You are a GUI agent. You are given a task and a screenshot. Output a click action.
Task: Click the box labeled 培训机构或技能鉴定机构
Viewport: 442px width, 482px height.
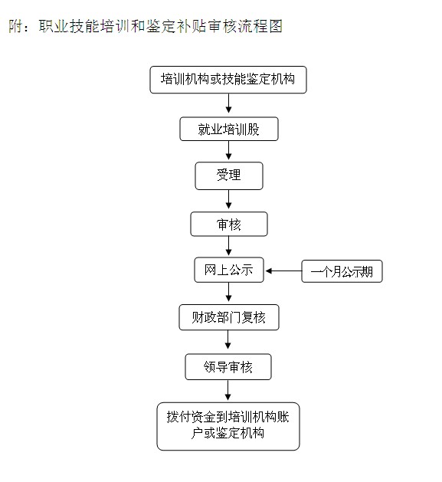[x=228, y=80]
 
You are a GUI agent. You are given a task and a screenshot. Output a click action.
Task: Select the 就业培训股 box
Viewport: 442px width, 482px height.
[x=229, y=129]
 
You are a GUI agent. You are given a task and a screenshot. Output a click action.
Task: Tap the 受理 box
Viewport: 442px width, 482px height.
[x=229, y=175]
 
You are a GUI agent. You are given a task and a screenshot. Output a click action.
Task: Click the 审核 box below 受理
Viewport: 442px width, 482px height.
[x=229, y=224]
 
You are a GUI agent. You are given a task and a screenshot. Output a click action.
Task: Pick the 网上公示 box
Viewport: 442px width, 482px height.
[x=229, y=270]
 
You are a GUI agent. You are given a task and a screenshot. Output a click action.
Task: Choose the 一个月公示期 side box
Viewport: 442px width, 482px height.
[x=342, y=271]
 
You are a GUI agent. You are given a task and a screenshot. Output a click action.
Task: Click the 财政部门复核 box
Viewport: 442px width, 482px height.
[x=229, y=317]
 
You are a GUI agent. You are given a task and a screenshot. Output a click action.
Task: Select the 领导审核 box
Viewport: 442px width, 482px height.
[x=228, y=367]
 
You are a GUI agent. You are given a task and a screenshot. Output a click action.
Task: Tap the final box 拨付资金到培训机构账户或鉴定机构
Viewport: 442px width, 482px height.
[x=228, y=426]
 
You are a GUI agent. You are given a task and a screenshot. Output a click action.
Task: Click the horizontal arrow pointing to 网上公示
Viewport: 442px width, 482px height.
[x=283, y=271]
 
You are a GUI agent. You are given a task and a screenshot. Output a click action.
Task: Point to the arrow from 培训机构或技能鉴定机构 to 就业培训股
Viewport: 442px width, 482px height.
[x=228, y=103]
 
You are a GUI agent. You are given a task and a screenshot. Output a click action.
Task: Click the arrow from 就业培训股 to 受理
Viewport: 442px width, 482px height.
[x=228, y=150]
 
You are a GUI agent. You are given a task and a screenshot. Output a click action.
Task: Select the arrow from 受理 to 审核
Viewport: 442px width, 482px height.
[x=228, y=199]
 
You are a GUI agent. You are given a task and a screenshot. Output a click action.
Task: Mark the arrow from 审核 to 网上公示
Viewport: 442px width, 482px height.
[x=228, y=246]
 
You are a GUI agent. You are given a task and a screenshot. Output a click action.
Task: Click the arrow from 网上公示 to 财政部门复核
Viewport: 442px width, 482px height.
[x=228, y=292]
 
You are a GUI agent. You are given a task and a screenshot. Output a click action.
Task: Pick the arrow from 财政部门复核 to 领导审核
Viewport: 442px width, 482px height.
[x=228, y=339]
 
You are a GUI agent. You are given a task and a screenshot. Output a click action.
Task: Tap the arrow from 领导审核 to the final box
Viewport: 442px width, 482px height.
[x=228, y=390]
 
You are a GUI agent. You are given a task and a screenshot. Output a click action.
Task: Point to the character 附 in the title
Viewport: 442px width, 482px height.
[x=15, y=26]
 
